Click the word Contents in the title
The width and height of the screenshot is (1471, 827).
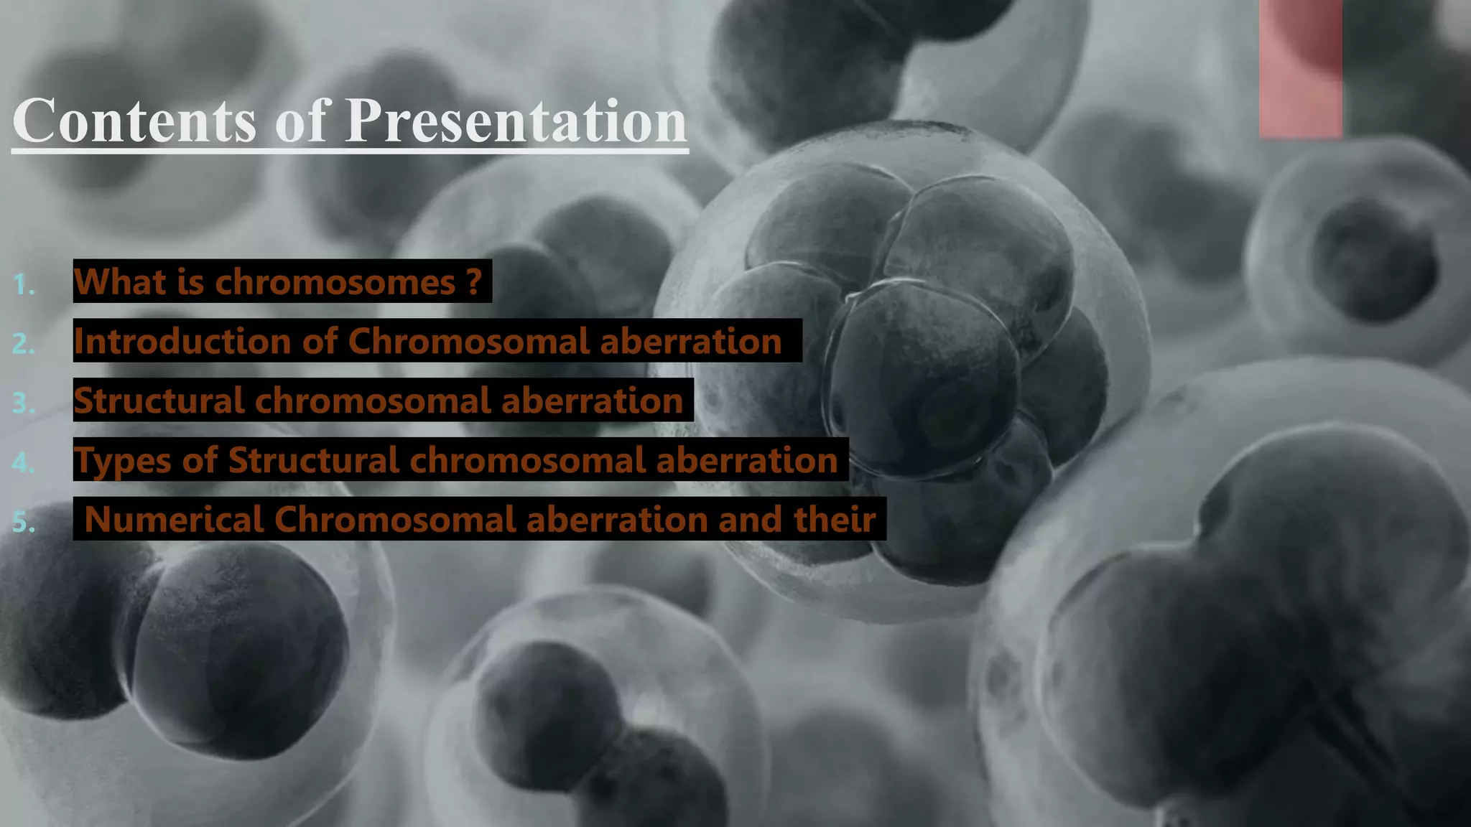pyautogui.click(x=134, y=121)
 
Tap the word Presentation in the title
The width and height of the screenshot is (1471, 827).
pyautogui.click(x=516, y=121)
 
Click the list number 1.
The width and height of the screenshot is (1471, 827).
pyautogui.click(x=24, y=286)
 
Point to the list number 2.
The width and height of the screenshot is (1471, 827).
pyautogui.click(x=24, y=345)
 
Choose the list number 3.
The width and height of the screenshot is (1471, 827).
pyautogui.click(x=24, y=403)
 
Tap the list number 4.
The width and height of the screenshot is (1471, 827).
pyautogui.click(x=24, y=463)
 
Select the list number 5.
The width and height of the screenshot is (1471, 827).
pyautogui.click(x=24, y=522)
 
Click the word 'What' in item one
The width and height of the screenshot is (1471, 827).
pyautogui.click(x=120, y=281)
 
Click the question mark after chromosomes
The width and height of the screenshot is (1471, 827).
pyautogui.click(x=473, y=281)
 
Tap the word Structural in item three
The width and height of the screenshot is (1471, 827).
pyautogui.click(x=159, y=401)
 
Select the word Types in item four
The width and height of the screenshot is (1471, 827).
pyautogui.click(x=122, y=460)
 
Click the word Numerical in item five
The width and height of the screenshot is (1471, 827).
pyautogui.click(x=174, y=519)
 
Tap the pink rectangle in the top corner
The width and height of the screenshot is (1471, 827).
pyautogui.click(x=1300, y=69)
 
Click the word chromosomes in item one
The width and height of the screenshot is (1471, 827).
pyautogui.click(x=335, y=281)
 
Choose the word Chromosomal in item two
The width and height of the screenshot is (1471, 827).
pyautogui.click(x=468, y=341)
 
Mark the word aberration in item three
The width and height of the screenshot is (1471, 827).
pyautogui.click(x=592, y=401)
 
